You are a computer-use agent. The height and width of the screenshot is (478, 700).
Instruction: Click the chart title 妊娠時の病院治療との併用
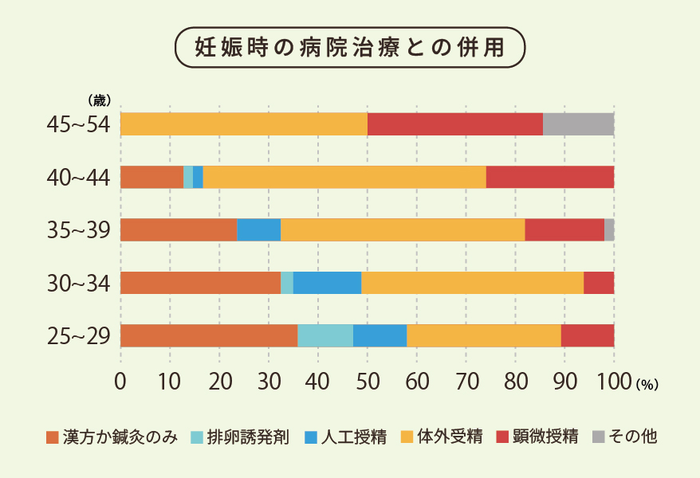coord(350,46)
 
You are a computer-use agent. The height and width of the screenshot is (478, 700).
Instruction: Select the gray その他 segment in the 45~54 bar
coord(578,124)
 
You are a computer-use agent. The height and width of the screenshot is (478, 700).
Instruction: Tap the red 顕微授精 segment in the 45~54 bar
coord(454,124)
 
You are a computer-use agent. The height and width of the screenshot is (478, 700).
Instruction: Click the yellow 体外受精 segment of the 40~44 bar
coord(344,177)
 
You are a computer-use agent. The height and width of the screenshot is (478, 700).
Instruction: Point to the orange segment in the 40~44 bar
coord(151,177)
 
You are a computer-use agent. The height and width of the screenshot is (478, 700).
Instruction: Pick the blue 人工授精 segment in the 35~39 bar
coord(258,229)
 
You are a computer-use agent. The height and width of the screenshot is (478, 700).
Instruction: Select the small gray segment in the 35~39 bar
coord(609,229)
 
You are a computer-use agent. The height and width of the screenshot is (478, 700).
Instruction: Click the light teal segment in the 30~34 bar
coord(287,283)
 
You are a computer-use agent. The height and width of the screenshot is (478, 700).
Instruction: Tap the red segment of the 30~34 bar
coord(599,283)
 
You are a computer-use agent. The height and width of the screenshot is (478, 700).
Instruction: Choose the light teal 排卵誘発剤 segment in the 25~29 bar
coord(325,335)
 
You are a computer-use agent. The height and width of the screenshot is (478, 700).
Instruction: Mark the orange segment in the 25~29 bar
coord(209,335)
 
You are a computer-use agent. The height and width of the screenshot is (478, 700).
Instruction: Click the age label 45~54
coord(78,125)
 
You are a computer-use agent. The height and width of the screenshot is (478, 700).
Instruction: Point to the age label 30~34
coord(78,284)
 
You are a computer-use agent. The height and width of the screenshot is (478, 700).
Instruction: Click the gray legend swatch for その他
coord(599,437)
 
